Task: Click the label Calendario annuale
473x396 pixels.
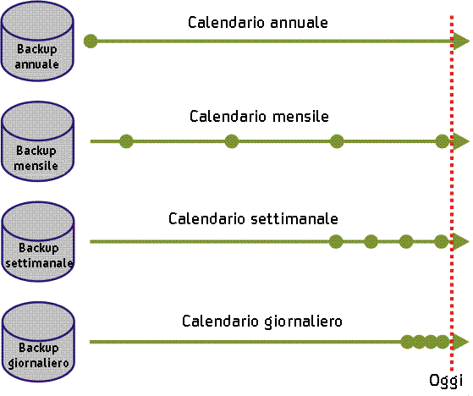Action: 257,22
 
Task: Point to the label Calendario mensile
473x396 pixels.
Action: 259,117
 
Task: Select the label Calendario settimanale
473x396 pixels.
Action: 254,219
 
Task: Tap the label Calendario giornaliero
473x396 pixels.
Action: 261,322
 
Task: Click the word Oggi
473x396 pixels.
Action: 446,378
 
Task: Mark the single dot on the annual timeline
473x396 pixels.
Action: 91,41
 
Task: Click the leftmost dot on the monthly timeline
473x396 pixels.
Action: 126,141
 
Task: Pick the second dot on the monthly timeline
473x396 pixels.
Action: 232,141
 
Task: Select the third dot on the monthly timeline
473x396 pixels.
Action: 337,141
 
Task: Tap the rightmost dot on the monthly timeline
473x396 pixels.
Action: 441,141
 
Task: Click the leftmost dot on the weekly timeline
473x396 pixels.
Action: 336,242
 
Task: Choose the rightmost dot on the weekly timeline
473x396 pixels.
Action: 441,242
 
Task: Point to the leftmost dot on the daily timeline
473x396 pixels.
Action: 407,342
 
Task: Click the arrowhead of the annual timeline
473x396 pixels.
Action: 461,41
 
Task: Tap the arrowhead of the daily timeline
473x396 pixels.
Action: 461,342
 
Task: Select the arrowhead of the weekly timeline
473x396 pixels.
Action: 461,242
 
